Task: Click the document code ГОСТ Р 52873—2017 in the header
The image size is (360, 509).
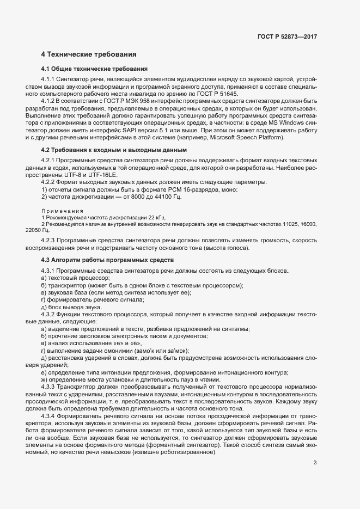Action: click(x=286, y=37)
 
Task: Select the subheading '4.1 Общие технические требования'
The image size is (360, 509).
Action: click(x=94, y=69)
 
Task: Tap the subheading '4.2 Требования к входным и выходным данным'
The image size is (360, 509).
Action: click(x=114, y=149)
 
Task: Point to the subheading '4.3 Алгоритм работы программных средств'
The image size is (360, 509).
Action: click(x=107, y=260)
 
